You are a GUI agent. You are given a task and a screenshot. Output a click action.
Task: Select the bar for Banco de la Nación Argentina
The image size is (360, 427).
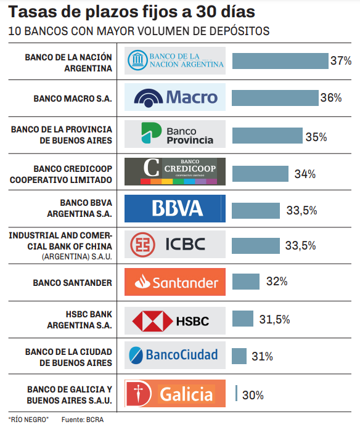280,61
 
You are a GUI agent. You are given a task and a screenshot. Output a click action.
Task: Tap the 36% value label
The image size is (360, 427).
331,97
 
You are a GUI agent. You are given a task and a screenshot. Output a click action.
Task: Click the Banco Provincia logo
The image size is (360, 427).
175,135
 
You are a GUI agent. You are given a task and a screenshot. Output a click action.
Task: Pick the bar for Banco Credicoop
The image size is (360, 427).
260,174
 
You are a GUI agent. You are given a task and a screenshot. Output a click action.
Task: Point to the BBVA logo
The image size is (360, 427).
175,208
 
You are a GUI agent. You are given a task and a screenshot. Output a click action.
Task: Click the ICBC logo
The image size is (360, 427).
175,245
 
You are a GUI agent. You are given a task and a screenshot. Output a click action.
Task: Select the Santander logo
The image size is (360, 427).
175,282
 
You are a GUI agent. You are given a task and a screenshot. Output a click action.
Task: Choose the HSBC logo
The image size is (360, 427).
175,320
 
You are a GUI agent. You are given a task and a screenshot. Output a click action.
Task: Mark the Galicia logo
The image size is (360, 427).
175,394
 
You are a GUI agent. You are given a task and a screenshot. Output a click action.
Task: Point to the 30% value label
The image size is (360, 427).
253,395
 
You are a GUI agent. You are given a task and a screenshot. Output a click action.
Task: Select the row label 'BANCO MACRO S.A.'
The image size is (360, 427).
73,98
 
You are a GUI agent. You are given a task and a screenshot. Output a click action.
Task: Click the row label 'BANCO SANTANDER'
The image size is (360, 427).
73,283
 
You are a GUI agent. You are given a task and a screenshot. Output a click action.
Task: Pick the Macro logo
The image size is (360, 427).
175,97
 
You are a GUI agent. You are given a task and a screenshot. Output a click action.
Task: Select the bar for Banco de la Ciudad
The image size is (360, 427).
239,356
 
